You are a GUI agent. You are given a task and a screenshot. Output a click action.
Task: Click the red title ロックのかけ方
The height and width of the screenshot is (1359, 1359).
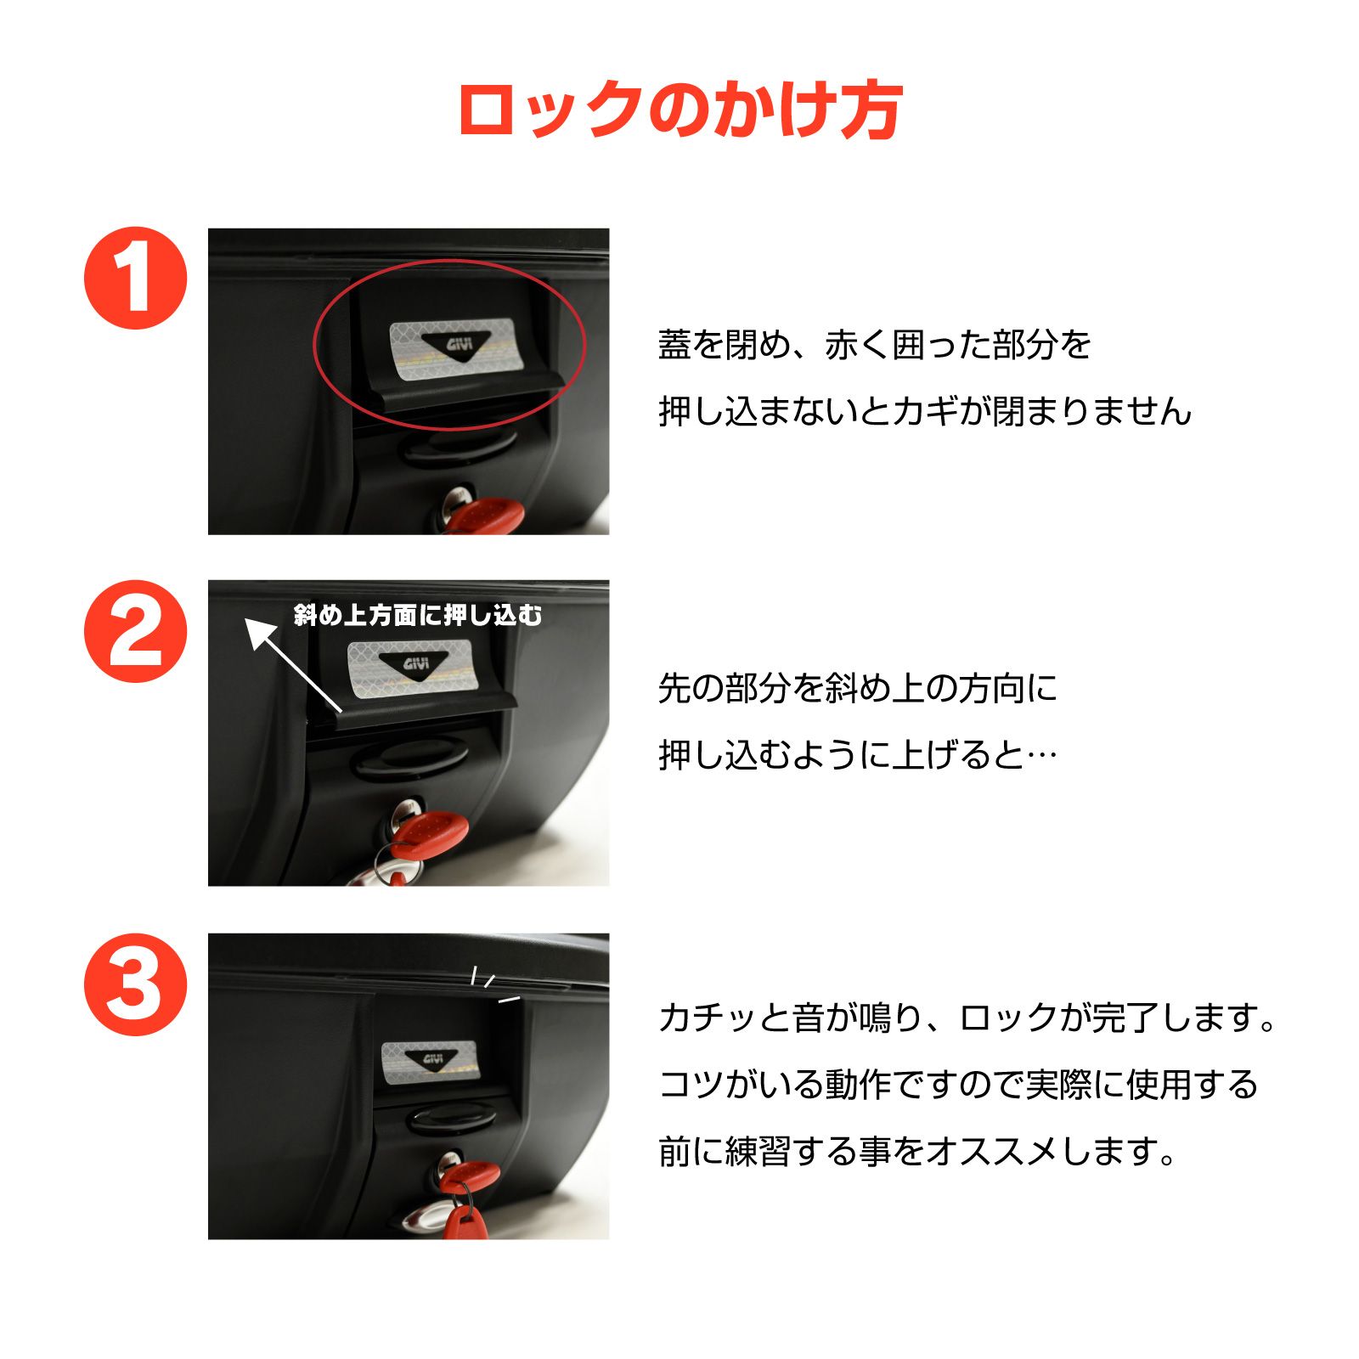point(679,110)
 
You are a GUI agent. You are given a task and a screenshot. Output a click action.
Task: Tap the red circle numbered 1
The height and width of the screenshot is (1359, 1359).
point(135,278)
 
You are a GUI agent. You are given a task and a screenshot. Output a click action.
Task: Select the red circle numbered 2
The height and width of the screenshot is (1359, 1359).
point(135,631)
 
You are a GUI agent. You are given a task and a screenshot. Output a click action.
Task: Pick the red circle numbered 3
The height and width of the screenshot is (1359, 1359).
point(135,984)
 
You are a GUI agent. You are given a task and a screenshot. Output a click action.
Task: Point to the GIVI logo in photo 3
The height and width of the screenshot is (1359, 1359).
point(431,1059)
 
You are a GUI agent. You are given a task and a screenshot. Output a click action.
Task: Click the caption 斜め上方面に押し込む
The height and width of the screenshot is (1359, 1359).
point(417,615)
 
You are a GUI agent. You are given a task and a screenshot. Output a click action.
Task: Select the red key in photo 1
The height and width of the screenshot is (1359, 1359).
point(486,515)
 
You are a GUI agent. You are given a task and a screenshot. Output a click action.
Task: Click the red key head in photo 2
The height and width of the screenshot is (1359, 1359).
point(430,832)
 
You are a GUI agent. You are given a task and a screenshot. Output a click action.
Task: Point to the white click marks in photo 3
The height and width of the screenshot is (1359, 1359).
point(493,985)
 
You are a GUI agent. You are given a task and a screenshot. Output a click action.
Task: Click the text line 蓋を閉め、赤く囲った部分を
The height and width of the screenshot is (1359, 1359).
point(874,345)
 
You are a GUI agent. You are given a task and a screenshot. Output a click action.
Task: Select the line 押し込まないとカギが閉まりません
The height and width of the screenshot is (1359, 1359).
point(925,412)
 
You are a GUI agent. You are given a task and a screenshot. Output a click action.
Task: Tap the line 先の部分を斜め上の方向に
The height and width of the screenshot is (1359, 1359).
point(857,688)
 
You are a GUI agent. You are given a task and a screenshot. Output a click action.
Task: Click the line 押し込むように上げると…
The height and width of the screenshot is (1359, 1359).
point(857,755)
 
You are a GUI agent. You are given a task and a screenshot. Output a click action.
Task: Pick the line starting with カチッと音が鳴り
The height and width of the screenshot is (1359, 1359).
point(967,1018)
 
